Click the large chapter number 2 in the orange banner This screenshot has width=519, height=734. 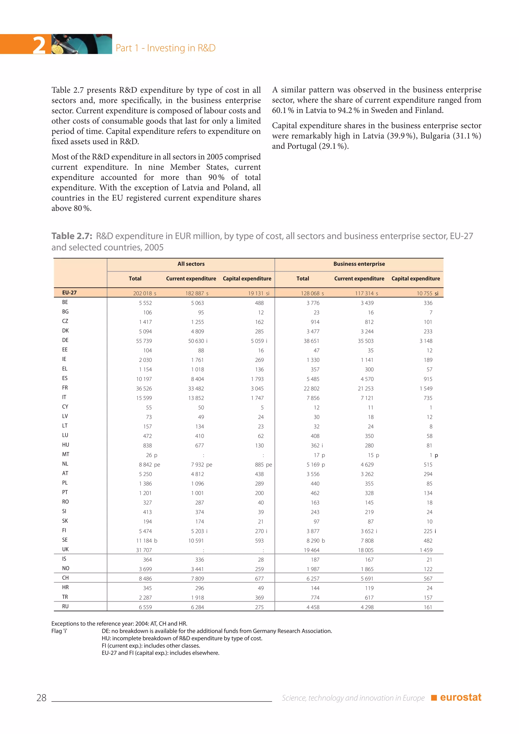tap(39, 45)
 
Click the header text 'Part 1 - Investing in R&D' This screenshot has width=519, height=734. tap(165, 48)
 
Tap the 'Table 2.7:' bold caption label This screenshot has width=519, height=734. tap(72, 236)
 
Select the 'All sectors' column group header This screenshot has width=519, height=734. tap(191, 264)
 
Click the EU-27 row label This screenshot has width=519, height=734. tap(69, 292)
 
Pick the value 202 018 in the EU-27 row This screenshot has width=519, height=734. tap(142, 293)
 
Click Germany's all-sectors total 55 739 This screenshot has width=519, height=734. tap(144, 341)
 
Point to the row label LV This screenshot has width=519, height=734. tap(65, 416)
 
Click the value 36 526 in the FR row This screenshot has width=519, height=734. tap(144, 389)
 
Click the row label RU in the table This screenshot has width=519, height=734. tap(65, 607)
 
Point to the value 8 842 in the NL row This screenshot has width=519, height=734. tap(145, 465)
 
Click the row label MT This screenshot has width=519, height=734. tap(66, 454)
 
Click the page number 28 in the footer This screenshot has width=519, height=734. tap(41, 698)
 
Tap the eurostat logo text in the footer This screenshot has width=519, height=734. tap(460, 697)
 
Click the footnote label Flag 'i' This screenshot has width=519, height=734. tap(59, 631)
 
